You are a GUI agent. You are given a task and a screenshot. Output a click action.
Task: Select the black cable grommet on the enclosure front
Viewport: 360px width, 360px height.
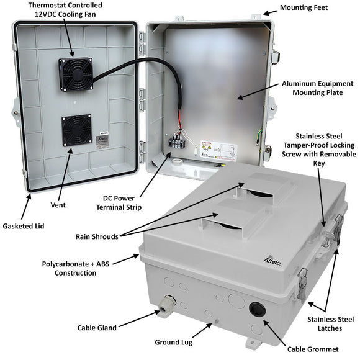point(258,308)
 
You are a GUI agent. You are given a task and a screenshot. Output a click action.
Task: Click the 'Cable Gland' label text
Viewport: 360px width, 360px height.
point(99,327)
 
